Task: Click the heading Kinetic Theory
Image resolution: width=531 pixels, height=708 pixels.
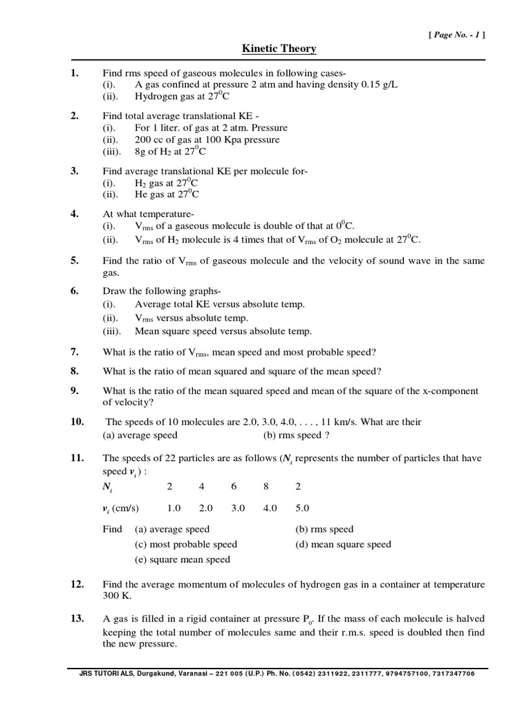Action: coord(279,48)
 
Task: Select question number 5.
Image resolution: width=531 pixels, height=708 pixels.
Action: coord(75,260)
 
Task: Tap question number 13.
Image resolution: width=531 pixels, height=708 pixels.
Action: coord(77,617)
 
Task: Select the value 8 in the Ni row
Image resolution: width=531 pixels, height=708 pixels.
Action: coord(269,486)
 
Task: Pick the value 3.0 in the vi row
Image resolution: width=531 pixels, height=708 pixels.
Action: coord(238,508)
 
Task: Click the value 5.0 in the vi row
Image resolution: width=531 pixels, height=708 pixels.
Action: coord(302,508)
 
